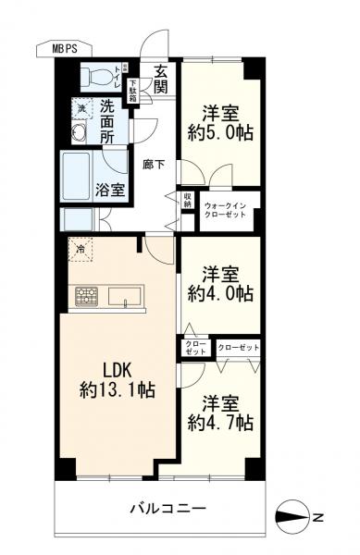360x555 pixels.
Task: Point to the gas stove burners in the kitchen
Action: [x=86, y=297]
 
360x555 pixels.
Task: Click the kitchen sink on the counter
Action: [x=124, y=297]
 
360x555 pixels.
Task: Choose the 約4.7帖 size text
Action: [x=220, y=423]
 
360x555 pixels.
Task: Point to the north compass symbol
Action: [x=299, y=515]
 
